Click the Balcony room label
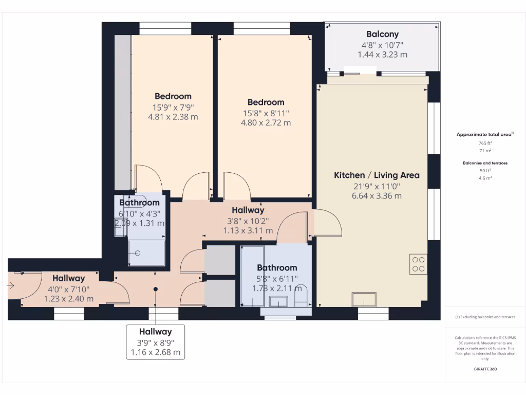click(382, 34)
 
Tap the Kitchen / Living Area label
click(377, 175)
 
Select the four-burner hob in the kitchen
click(419, 263)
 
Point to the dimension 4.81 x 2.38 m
click(173, 117)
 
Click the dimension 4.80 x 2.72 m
click(266, 123)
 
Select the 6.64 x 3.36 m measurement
click(377, 195)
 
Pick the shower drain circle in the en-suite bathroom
click(138, 253)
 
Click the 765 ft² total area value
click(485, 143)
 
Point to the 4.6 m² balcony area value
click(485, 177)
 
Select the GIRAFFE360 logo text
click(485, 369)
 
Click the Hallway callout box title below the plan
click(155, 332)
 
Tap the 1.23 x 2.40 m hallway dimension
click(68, 298)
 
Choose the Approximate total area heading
click(485, 134)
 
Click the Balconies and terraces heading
click(485, 163)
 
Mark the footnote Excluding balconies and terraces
click(485, 317)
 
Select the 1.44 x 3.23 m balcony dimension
click(382, 55)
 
